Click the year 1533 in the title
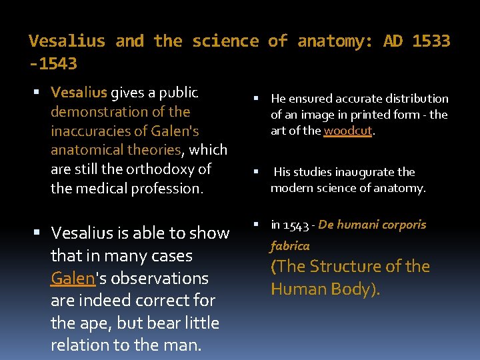coord(431,41)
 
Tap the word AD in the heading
coord(393,41)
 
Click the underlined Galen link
coord(73,278)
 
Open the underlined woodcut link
coord(348,131)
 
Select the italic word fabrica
coord(290,246)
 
